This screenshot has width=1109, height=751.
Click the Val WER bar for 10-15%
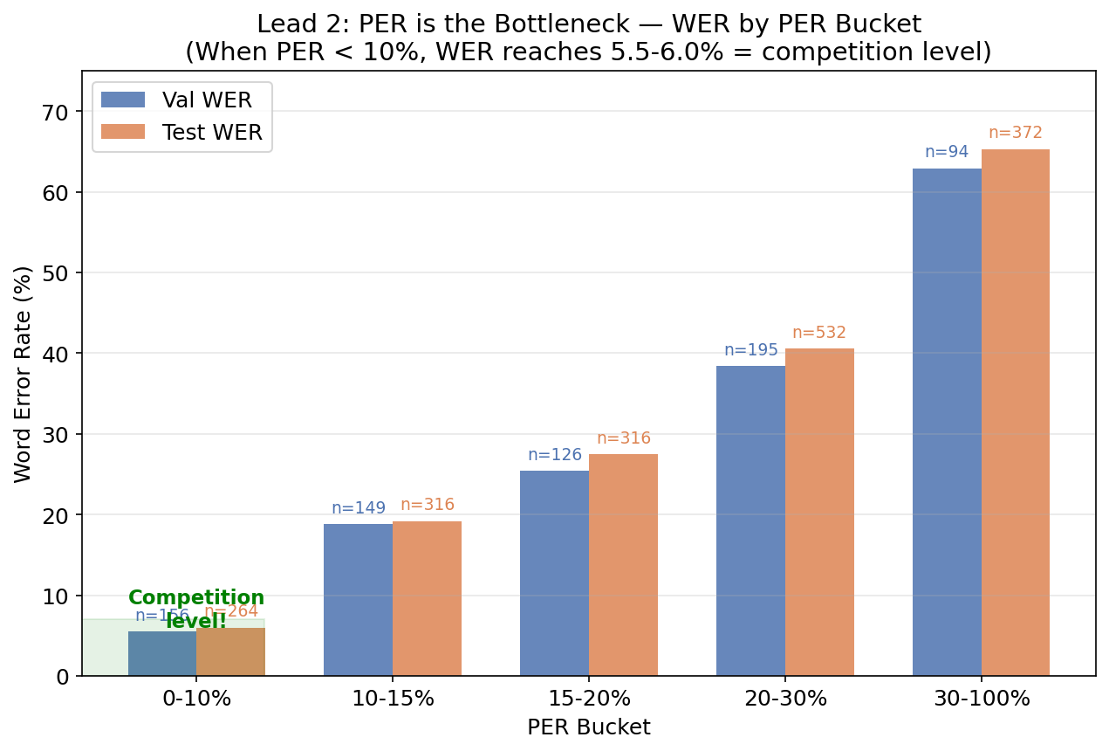358,600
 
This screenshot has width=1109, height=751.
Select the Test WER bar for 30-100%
1015,412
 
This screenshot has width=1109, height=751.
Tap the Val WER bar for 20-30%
750,520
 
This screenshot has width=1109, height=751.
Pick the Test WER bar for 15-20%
623,565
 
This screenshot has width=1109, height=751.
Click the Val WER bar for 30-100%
947,422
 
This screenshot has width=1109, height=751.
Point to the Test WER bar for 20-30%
819,512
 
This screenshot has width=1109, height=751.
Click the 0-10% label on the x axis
196,699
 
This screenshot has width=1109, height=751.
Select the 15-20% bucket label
589,699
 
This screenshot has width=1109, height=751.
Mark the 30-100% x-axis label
982,699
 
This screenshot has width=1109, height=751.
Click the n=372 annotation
1015,133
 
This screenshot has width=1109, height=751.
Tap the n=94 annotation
947,152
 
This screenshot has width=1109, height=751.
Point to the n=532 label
819,333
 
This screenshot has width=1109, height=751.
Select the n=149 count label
358,508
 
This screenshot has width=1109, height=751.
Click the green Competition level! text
196,609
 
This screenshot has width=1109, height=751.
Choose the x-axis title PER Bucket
589,727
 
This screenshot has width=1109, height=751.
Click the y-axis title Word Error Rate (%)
23,374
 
